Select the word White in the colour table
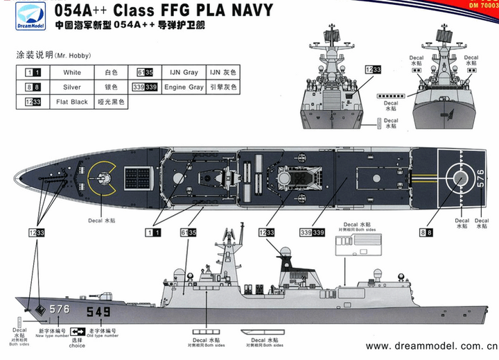(x=71, y=72)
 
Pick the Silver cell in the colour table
(x=71, y=87)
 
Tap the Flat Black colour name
(x=71, y=102)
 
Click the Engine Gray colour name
(x=184, y=87)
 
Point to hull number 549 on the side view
(x=98, y=312)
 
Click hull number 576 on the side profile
(x=59, y=309)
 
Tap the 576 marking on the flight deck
(x=480, y=180)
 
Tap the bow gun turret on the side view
(x=113, y=286)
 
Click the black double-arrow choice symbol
(x=77, y=332)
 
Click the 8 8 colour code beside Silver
(x=31, y=87)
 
